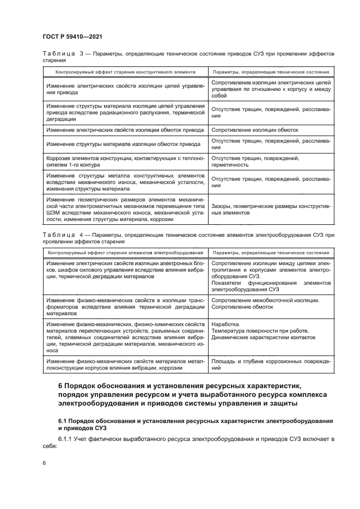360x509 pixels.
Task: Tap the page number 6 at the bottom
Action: click(x=45, y=463)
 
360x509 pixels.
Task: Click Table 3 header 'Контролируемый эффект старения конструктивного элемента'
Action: click(x=124, y=72)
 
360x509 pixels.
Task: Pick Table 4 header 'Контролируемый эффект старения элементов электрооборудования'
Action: click(x=124, y=253)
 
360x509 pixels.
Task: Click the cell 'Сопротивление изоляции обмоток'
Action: click(x=254, y=130)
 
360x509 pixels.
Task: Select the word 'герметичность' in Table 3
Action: click(x=230, y=164)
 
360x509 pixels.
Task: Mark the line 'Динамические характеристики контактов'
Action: click(x=263, y=338)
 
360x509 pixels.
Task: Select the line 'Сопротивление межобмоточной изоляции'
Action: click(x=265, y=300)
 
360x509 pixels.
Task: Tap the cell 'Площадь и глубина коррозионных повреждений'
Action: click(x=270, y=365)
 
